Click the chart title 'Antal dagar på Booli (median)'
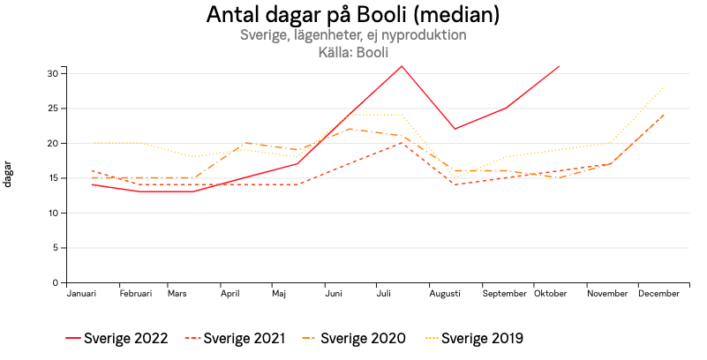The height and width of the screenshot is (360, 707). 353,15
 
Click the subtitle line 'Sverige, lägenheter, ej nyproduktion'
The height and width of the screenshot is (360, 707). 353,35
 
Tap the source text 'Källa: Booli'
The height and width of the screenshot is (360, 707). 353,52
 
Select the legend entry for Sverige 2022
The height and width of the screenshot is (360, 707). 118,338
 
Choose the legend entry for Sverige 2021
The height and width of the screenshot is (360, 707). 237,338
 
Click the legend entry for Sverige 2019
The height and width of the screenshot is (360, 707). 474,338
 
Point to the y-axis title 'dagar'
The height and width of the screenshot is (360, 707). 9,174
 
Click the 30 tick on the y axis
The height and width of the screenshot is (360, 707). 53,73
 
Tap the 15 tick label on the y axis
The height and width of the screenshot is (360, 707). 53,178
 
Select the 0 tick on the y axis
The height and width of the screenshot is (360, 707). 56,283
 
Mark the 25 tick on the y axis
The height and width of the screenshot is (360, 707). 53,109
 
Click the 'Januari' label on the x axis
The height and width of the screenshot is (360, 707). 82,294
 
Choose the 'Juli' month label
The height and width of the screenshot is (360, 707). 384,294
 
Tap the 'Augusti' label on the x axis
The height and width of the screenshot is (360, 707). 445,294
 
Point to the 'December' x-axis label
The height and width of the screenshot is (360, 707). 658,294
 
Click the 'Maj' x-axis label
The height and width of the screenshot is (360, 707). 279,294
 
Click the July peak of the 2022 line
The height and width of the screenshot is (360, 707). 402,66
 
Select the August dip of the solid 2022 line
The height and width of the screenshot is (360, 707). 455,129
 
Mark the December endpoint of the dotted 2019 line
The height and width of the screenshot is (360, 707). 663,87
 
